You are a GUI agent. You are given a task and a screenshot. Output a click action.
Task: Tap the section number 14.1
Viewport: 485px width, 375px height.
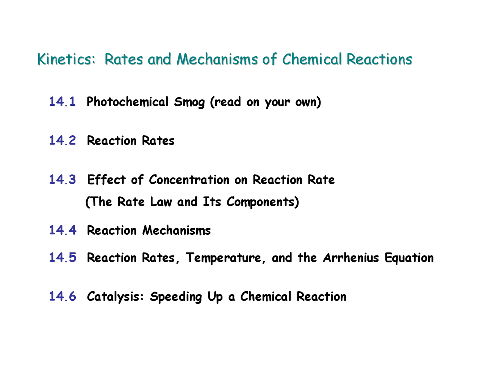(63, 102)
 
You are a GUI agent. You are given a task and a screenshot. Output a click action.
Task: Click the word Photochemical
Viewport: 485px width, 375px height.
(127, 102)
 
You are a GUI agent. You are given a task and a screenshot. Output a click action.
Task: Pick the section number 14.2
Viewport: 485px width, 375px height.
(63, 141)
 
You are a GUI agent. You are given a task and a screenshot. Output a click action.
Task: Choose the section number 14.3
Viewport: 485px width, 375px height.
(63, 180)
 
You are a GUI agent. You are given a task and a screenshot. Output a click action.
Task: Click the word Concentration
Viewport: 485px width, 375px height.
(189, 180)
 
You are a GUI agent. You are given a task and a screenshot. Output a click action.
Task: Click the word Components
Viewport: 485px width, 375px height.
(262, 202)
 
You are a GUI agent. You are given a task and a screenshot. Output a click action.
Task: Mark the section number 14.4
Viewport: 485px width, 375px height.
(63, 230)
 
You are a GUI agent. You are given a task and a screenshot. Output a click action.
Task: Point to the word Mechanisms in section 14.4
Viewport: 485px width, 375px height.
(177, 231)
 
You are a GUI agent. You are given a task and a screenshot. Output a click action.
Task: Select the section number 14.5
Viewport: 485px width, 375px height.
(63, 258)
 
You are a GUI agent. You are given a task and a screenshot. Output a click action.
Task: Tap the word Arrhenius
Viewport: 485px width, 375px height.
(351, 258)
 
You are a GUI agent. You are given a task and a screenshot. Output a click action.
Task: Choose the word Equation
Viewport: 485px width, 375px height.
(409, 258)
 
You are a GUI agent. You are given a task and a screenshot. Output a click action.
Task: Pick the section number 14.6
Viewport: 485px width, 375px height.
(63, 297)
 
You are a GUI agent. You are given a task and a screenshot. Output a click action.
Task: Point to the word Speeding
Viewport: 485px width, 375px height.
(176, 297)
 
